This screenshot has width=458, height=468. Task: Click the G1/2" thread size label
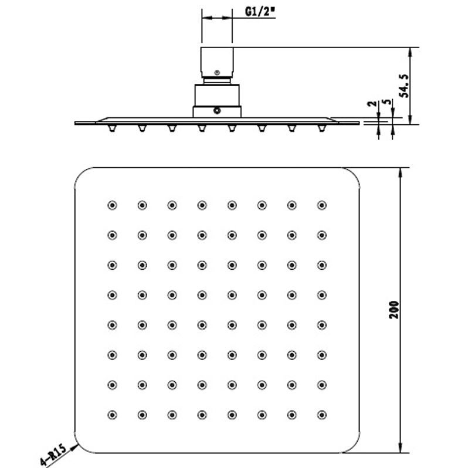(260, 12)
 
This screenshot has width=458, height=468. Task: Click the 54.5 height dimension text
(404, 86)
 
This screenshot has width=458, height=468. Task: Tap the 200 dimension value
(394, 310)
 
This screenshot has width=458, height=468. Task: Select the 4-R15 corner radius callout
(53, 455)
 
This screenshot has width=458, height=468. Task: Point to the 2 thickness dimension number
(372, 104)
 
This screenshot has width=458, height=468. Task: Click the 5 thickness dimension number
(387, 101)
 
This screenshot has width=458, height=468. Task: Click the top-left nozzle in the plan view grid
(112, 205)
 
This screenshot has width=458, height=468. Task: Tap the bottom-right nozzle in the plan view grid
(321, 415)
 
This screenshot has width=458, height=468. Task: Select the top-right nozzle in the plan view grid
(321, 205)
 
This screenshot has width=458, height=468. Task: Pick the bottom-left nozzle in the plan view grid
(112, 415)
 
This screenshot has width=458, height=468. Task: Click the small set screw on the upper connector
(217, 73)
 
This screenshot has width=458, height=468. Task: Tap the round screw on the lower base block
(217, 111)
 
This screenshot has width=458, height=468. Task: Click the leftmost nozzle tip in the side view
(112, 128)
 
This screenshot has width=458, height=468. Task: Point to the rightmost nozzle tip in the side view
(321, 128)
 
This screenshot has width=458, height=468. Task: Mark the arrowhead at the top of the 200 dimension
(401, 173)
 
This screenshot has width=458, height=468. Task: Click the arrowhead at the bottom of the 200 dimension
(401, 447)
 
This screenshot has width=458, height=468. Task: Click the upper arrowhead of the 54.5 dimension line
(410, 53)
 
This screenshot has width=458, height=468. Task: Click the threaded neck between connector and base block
(217, 80)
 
